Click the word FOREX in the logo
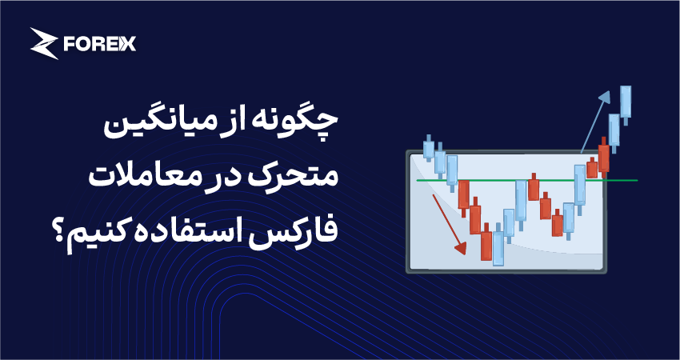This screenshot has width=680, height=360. (x=100, y=44)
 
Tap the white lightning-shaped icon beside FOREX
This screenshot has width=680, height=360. (x=44, y=43)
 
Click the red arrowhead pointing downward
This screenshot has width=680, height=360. (x=461, y=248)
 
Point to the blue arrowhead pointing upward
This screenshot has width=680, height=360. (x=605, y=97)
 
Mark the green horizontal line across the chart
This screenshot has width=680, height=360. (x=527, y=180)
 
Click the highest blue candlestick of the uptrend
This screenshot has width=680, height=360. (x=626, y=102)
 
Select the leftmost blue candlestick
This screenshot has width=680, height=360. (x=429, y=147)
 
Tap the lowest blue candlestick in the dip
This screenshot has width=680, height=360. (x=498, y=248)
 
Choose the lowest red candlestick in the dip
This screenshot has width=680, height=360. (x=486, y=246)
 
